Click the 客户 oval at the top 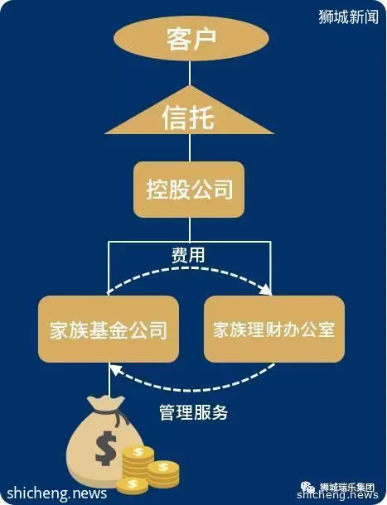point(191,38)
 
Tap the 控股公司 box point(189,190)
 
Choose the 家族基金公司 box point(109,329)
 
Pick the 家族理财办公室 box point(274,329)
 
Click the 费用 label point(188,256)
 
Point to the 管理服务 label point(194,412)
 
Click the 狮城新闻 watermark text point(348,17)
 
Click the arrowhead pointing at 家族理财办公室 point(266,290)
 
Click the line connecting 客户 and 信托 point(190,74)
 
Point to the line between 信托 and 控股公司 point(190,148)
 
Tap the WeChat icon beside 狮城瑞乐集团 point(307,488)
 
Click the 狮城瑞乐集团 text point(347,488)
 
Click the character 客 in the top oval point(178,39)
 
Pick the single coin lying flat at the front point(133,486)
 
